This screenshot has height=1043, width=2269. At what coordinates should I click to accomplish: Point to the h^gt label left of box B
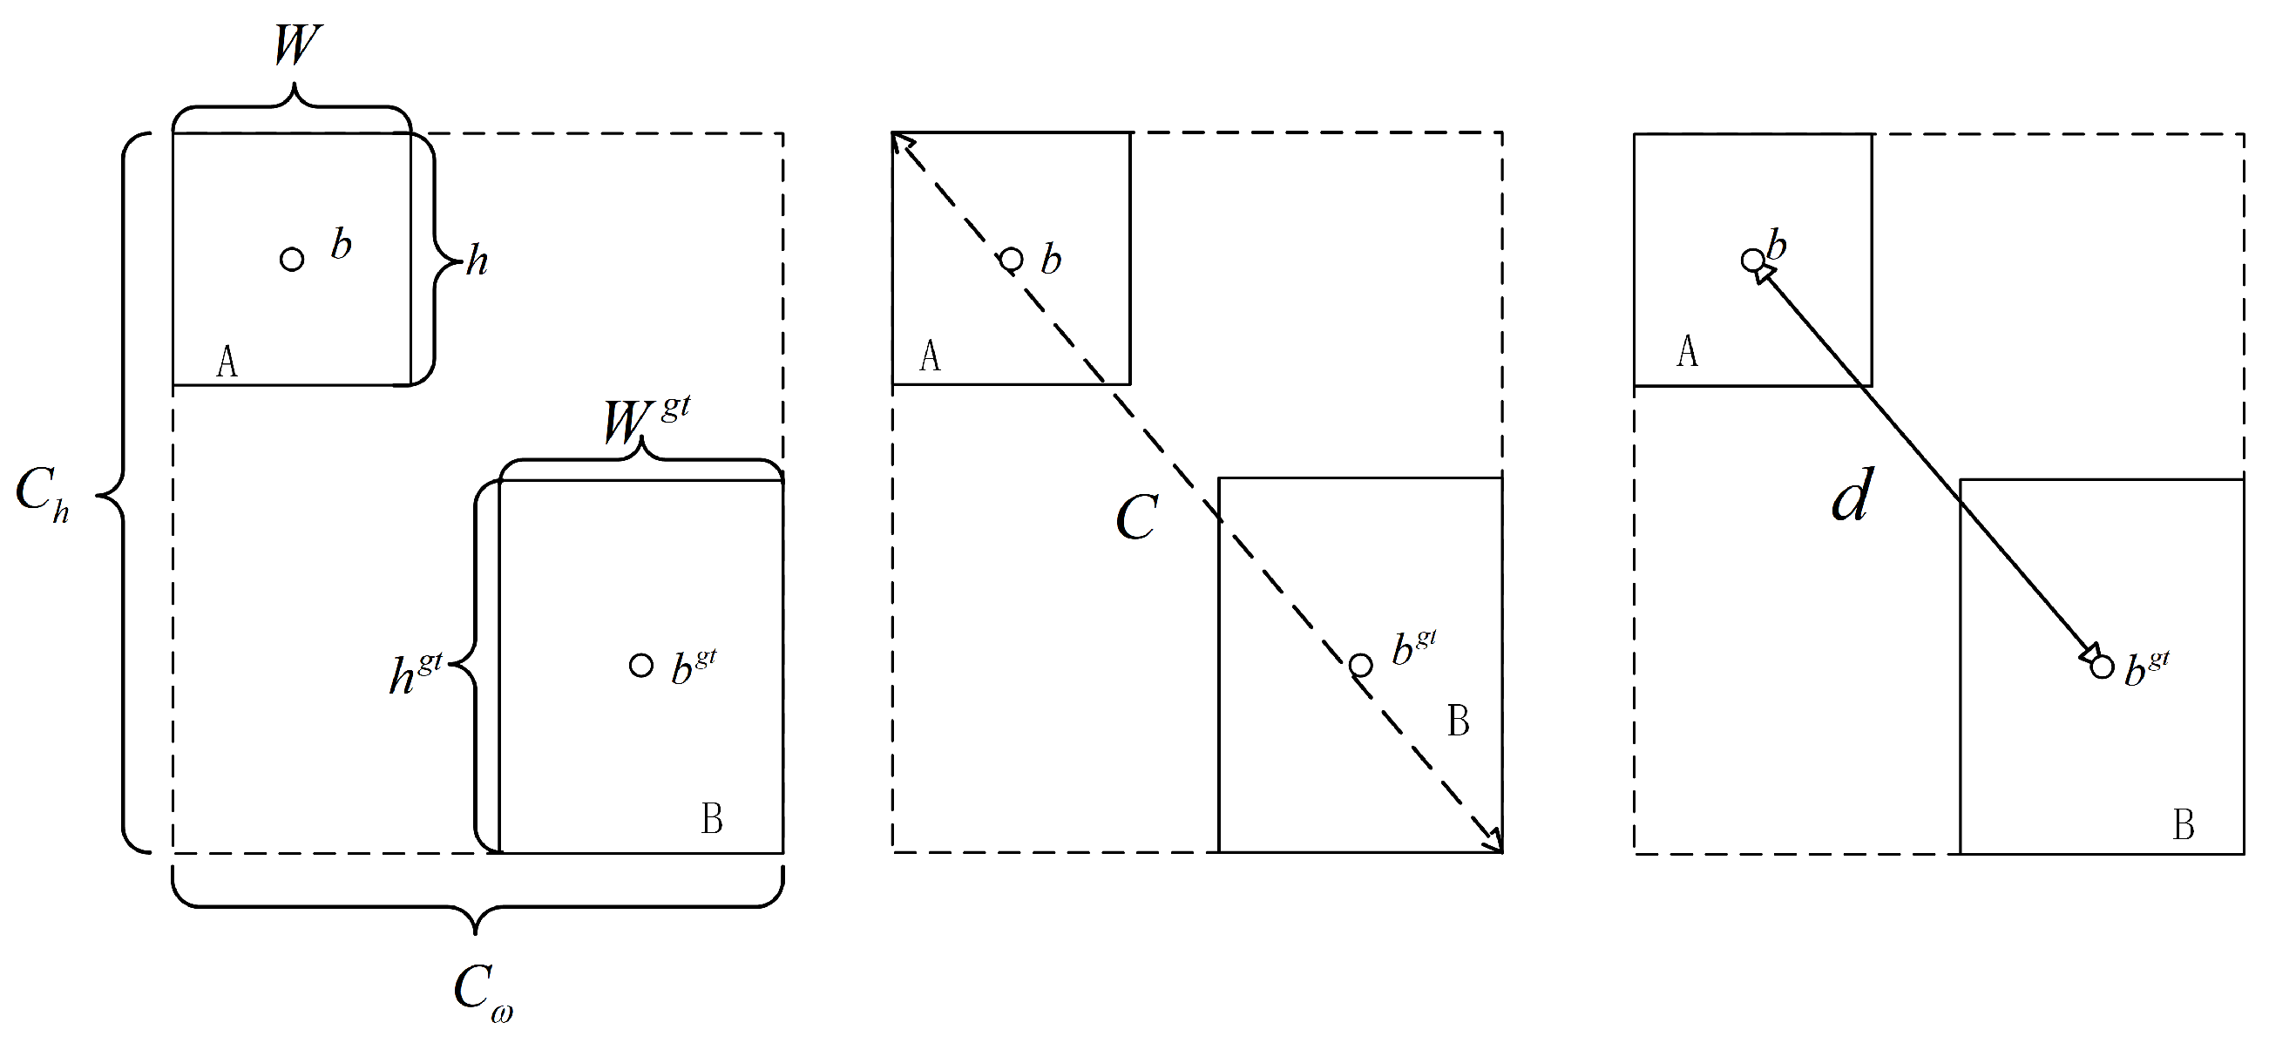[x=415, y=674]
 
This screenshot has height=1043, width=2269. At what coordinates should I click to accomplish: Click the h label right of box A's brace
[x=477, y=261]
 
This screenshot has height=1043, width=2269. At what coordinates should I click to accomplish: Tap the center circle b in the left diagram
[x=292, y=259]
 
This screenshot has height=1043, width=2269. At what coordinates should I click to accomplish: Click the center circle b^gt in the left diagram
[x=641, y=665]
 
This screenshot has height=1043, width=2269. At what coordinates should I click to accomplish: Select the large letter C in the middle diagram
[x=1136, y=517]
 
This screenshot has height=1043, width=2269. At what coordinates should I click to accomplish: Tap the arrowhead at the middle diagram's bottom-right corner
[x=1494, y=844]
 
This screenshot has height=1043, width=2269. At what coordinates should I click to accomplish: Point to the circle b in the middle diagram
[x=1011, y=259]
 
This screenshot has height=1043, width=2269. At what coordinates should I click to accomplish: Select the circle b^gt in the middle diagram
[x=1361, y=665]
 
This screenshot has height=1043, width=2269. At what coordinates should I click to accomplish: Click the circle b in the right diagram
[x=1753, y=260]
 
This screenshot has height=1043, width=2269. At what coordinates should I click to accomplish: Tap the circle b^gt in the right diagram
[x=2102, y=667]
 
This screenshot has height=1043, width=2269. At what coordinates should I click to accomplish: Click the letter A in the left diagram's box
[x=227, y=362]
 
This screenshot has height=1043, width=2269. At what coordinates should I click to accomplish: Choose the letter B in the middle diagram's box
[x=1458, y=721]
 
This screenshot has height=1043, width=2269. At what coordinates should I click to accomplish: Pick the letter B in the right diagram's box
[x=2184, y=825]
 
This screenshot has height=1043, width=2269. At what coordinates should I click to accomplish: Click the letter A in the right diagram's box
[x=1687, y=350]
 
